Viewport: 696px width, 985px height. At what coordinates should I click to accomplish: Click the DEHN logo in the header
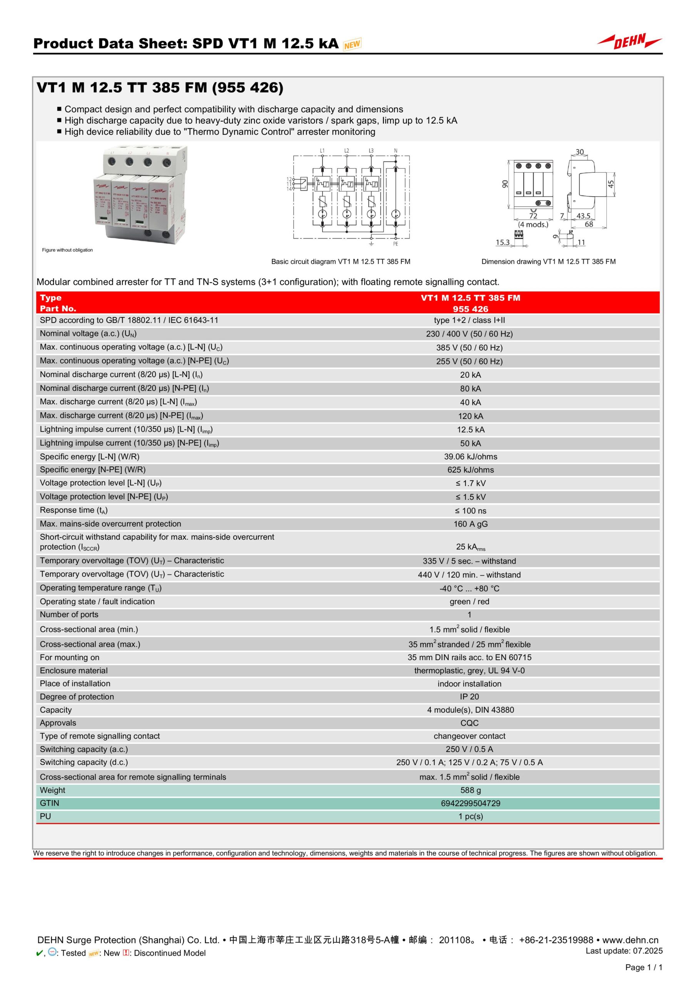[629, 42]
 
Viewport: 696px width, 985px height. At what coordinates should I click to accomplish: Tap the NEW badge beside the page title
[352, 44]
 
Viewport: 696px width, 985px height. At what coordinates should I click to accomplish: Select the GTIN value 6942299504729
[470, 803]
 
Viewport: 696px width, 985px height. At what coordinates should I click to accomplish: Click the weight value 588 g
[470, 790]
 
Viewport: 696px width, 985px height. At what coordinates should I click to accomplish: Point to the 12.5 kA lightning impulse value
[470, 429]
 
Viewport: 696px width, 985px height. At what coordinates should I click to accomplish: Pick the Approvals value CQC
[469, 723]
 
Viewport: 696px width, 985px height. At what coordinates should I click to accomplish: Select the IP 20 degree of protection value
[469, 697]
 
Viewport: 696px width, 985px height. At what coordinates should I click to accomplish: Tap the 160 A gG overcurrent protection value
[470, 524]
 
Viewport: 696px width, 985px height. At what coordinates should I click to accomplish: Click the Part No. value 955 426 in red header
[470, 309]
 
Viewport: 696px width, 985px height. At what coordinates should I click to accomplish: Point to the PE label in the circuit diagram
[395, 244]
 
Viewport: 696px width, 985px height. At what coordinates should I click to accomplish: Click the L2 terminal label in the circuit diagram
[346, 150]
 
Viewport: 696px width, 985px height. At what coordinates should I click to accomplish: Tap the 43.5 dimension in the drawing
[583, 216]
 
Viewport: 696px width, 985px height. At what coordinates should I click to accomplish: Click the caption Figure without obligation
[67, 250]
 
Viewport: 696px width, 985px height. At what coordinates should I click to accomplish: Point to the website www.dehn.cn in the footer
[630, 940]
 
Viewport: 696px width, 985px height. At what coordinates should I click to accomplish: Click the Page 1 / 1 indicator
[644, 967]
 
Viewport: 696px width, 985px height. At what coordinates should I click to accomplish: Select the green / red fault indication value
[469, 601]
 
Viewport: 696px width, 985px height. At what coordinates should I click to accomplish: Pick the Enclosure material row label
[74, 671]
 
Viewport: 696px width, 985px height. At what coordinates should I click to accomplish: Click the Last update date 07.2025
[647, 951]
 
